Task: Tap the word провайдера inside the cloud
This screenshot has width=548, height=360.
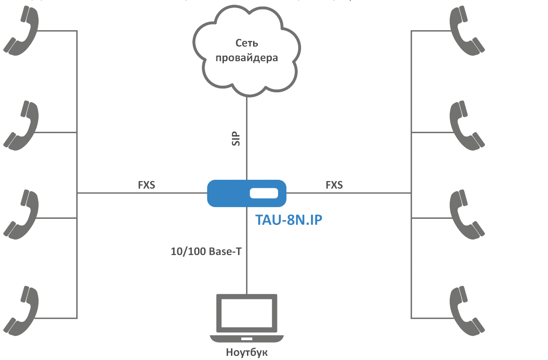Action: (246, 58)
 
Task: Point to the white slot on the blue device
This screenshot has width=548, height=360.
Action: (264, 193)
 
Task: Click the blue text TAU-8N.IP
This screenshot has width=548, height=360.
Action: (288, 220)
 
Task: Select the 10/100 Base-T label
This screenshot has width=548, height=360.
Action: (206, 251)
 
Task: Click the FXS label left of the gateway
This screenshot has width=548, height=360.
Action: (146, 185)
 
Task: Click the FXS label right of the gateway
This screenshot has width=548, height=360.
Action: (334, 185)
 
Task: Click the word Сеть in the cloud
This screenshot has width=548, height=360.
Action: (247, 43)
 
